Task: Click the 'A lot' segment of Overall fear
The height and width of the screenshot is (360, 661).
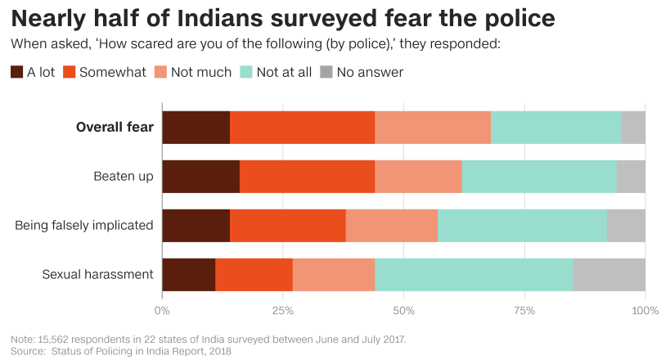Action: click(x=196, y=127)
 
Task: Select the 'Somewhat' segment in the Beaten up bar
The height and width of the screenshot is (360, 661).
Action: click(x=307, y=176)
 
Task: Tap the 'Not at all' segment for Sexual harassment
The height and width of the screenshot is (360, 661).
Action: click(x=474, y=274)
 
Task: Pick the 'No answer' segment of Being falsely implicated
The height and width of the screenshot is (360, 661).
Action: click(x=626, y=225)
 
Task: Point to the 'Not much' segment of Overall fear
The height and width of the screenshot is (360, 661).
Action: click(x=432, y=127)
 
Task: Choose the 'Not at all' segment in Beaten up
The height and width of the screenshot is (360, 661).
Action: click(x=539, y=176)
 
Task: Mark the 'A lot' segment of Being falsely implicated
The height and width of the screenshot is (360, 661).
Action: click(x=196, y=225)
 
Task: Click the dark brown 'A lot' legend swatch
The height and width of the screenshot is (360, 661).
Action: click(x=17, y=72)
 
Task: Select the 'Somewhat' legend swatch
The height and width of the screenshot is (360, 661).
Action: click(x=70, y=72)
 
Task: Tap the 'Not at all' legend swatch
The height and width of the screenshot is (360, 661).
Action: click(x=246, y=72)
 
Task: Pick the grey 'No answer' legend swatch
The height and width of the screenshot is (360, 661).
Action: click(x=327, y=72)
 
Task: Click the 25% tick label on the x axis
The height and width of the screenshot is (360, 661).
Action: click(x=282, y=311)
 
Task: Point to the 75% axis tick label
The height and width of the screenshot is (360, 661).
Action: click(x=524, y=311)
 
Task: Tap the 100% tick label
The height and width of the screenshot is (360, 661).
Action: click(x=645, y=311)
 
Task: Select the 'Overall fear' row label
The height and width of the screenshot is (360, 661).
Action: click(x=115, y=127)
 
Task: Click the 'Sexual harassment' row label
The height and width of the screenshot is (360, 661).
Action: click(x=98, y=274)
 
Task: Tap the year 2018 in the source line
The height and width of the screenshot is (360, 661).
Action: click(x=218, y=351)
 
